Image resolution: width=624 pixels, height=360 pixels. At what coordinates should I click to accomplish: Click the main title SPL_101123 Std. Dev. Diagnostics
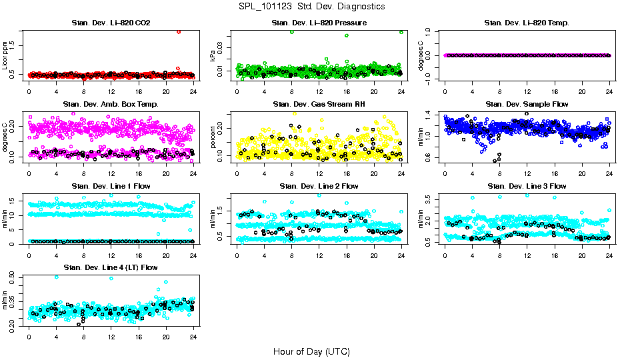pyautogui.click(x=311, y=7)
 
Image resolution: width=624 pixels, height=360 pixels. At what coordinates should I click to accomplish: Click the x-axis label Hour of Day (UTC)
pyautogui.click(x=311, y=351)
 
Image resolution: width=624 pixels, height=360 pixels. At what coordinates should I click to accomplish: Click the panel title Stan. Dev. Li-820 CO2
pyautogui.click(x=111, y=23)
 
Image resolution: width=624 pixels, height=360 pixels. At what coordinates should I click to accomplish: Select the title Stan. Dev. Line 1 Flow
pyautogui.click(x=111, y=186)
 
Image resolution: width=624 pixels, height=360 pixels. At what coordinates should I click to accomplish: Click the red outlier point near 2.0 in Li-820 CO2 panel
pyautogui.click(x=179, y=31)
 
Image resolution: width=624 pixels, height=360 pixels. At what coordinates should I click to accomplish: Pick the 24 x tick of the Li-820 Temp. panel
pyautogui.click(x=609, y=91)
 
